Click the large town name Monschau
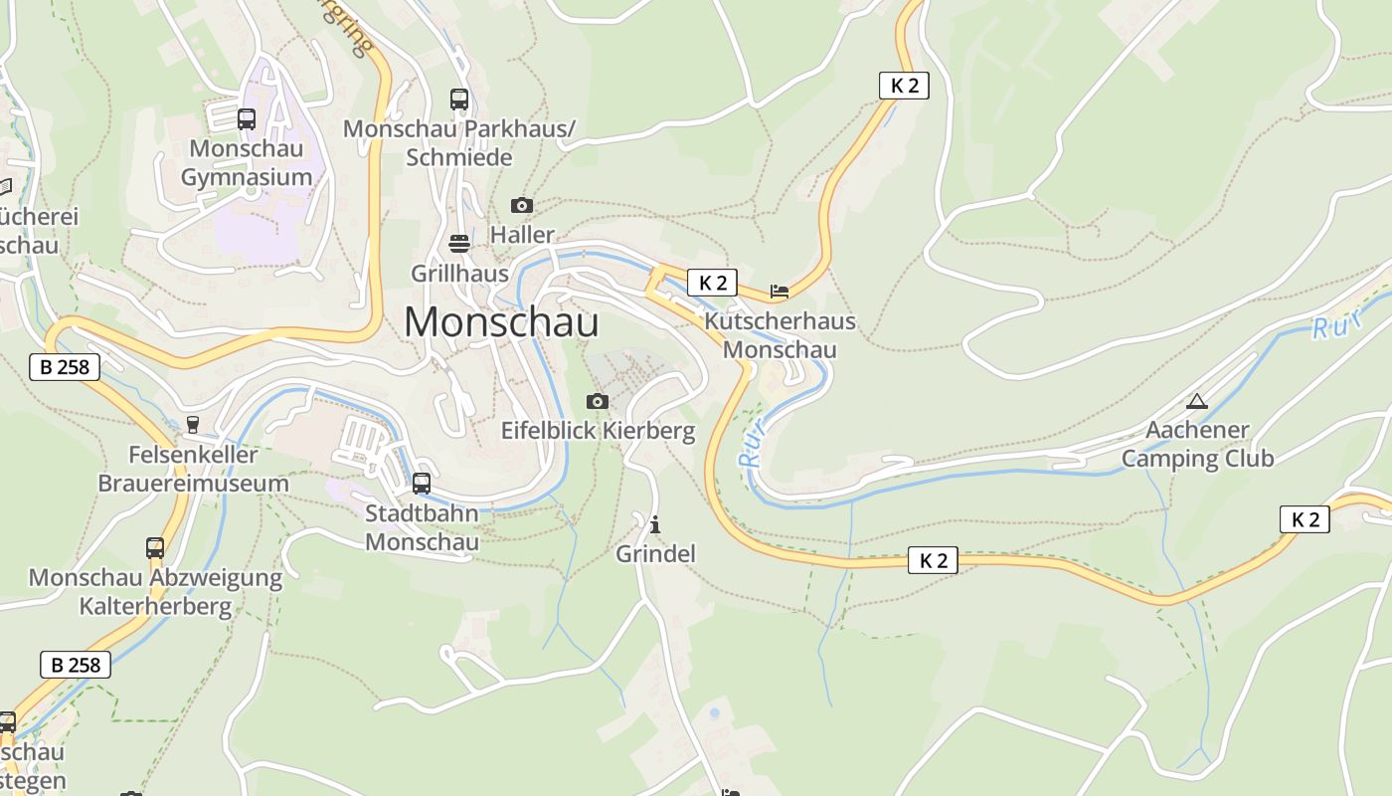point(501,322)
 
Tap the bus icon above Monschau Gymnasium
point(247,119)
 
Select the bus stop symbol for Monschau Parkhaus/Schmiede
point(458,99)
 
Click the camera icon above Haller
point(521,206)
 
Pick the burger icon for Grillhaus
point(459,244)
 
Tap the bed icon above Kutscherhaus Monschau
point(780,292)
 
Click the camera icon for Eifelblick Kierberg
point(597,401)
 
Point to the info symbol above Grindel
point(654,524)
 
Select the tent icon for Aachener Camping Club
point(1196,402)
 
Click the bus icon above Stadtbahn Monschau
point(422,484)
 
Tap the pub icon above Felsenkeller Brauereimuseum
point(193,425)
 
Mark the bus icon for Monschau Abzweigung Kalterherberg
point(155,547)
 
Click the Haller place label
point(522,235)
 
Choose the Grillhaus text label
point(459,273)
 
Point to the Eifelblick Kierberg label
point(597,431)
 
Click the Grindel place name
point(655,553)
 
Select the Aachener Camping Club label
point(1197,444)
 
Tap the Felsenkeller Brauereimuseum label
point(193,469)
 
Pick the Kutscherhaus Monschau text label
point(780,335)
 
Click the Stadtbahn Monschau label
point(422,527)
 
